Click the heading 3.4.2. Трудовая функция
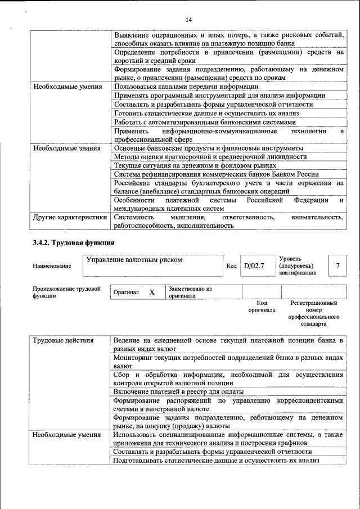tap(74, 243)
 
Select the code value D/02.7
tap(254, 265)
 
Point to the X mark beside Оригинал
tap(151, 292)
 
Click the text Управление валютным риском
tap(134, 260)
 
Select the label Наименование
tap(52, 266)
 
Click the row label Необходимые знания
tap(66, 148)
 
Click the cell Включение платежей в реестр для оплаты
tap(178, 391)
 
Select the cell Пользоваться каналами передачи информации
tap(186, 87)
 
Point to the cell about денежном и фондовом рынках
tap(195, 165)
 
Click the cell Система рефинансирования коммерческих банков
tap(217, 174)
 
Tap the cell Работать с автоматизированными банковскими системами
tap(204, 122)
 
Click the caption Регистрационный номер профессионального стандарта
tap(313, 313)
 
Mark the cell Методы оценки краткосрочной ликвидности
tap(210, 157)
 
